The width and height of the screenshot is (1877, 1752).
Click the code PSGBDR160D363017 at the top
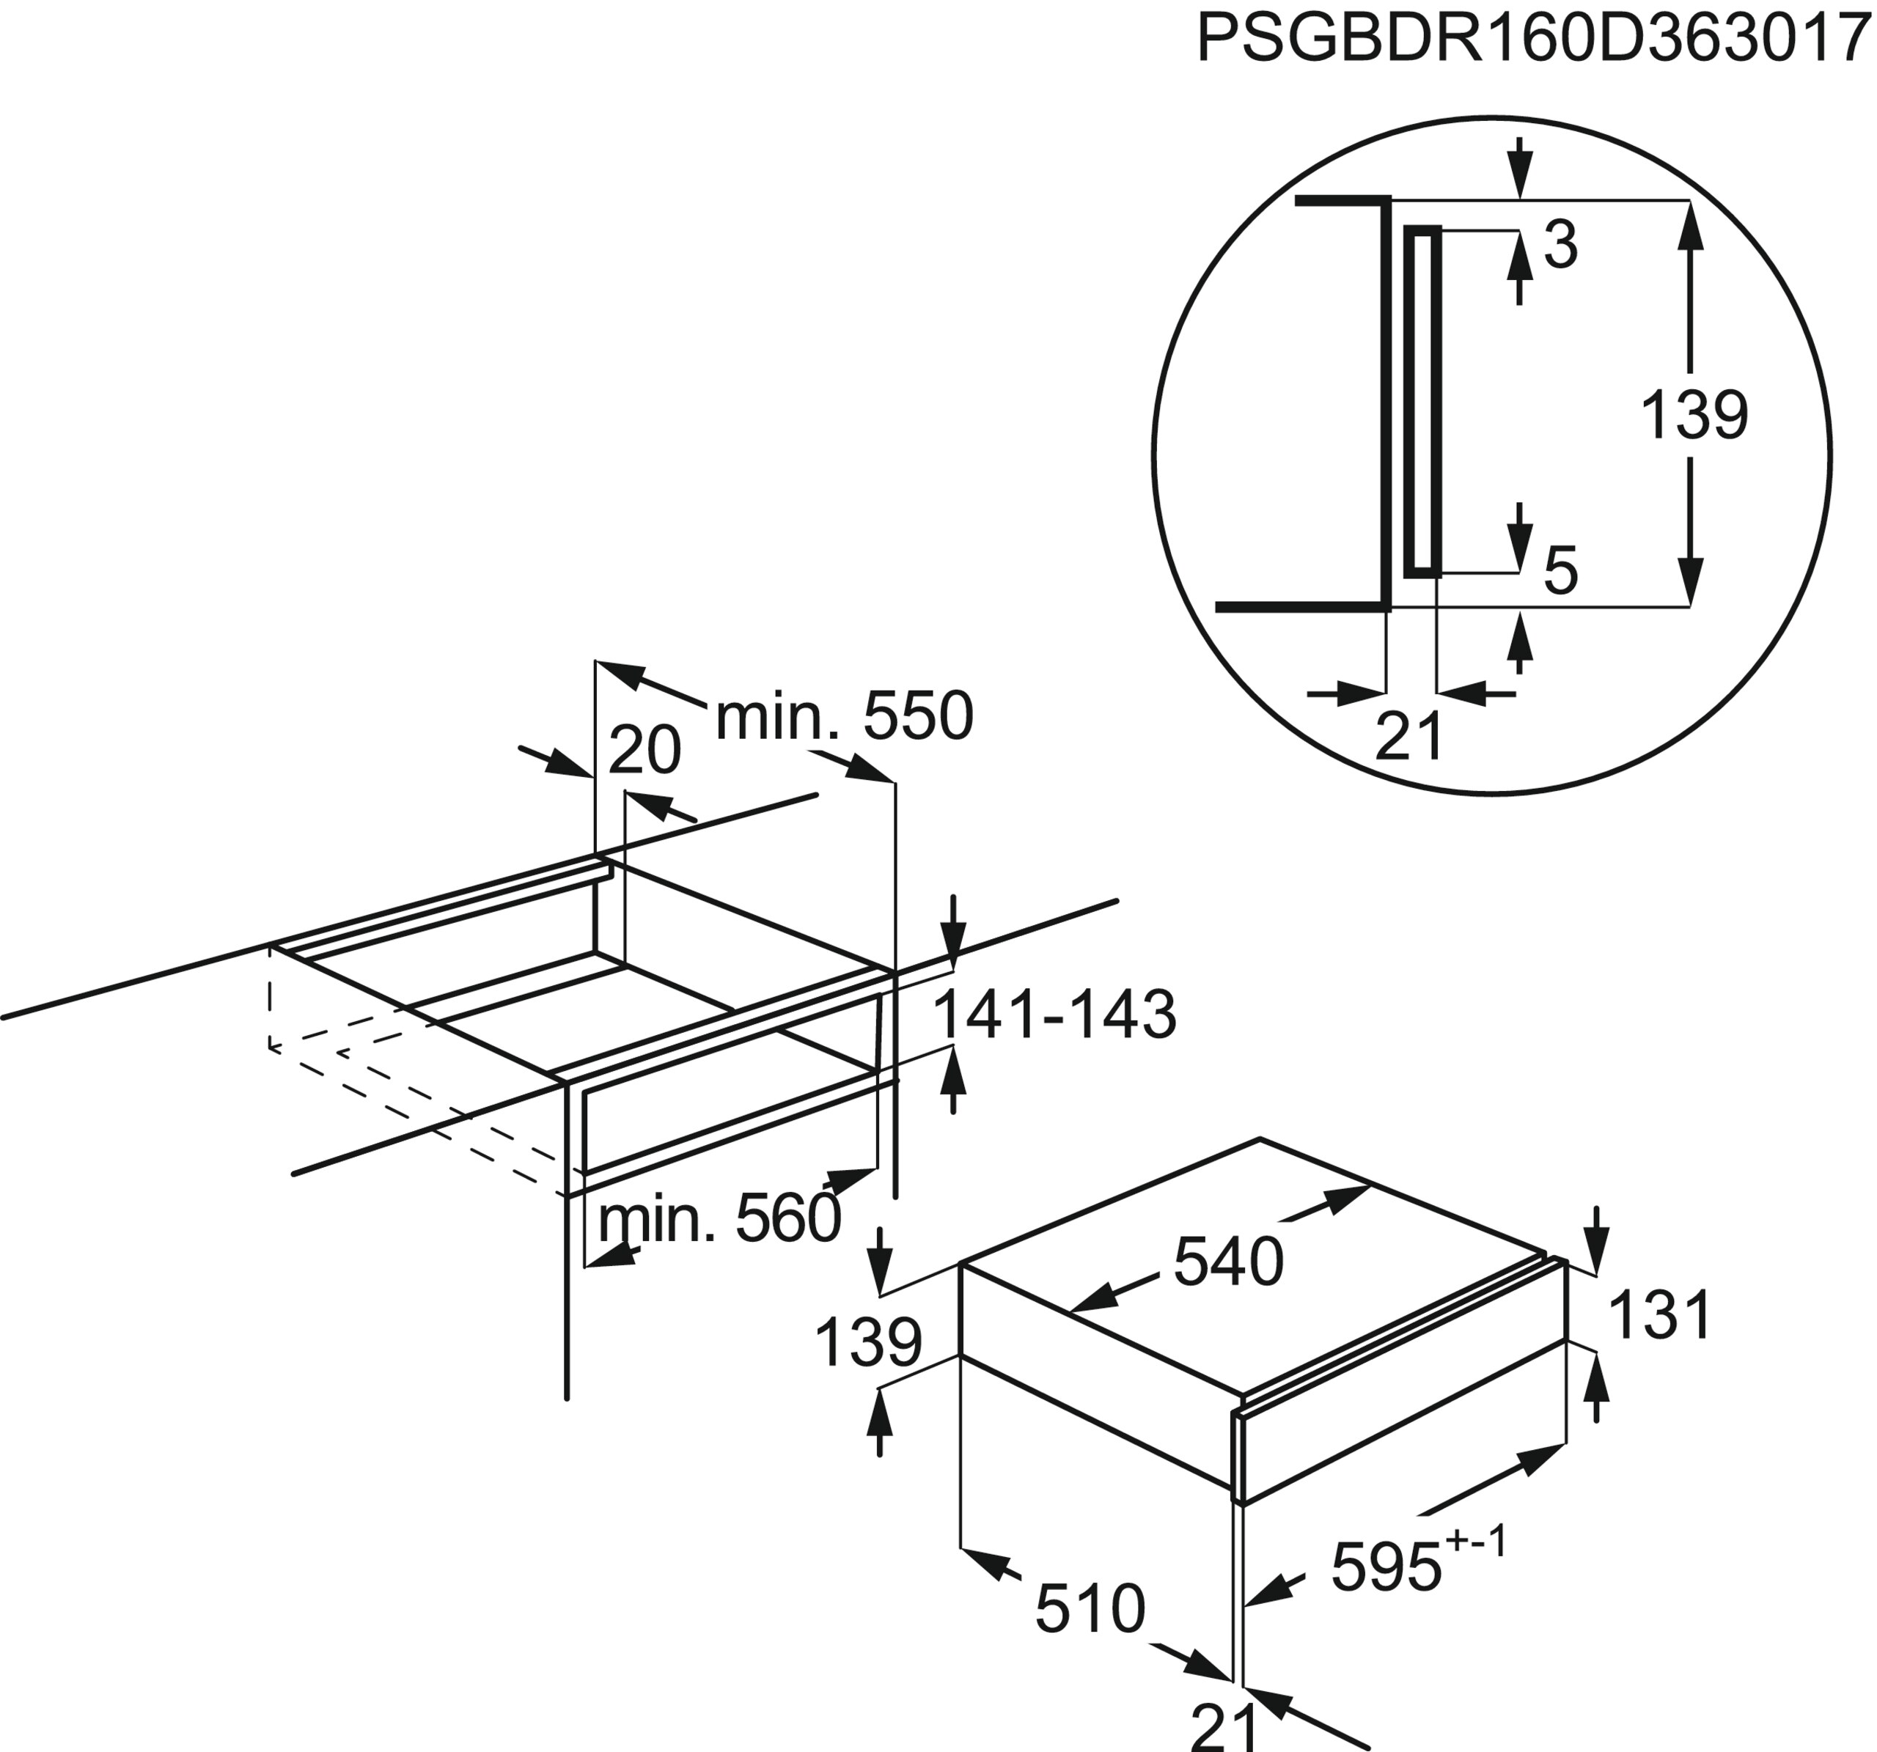tap(1535, 40)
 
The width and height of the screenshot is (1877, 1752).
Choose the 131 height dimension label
tap(1659, 1315)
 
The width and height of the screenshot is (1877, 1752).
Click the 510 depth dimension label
tap(1090, 1610)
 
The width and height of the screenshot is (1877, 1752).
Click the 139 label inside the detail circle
tap(1694, 416)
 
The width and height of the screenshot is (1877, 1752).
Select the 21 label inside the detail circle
tap(1410, 736)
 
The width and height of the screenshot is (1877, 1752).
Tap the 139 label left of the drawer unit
tap(867, 1342)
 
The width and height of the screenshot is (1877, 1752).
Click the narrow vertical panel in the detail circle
tap(1423, 401)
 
